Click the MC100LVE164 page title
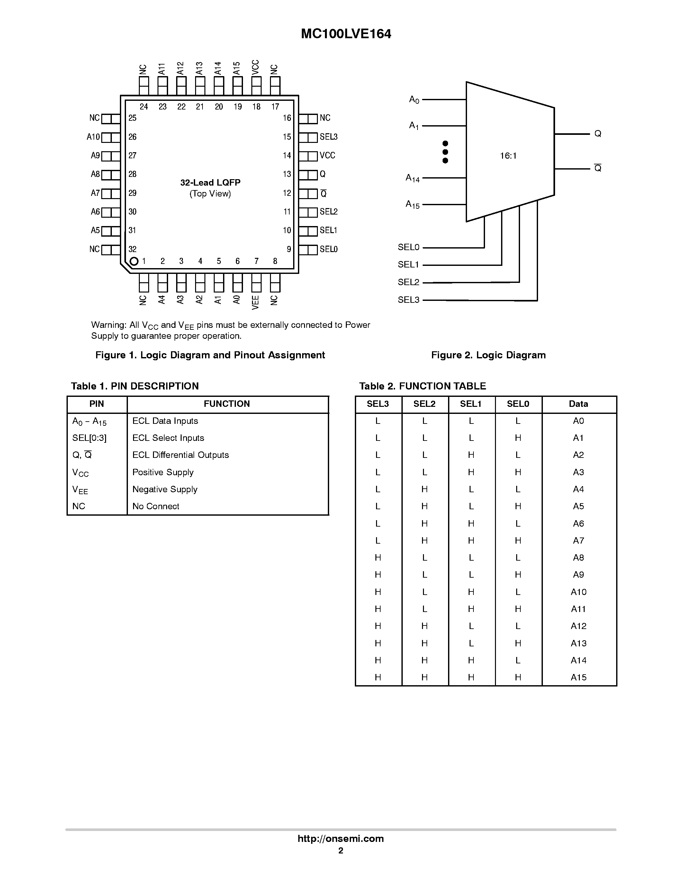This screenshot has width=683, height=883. (346, 34)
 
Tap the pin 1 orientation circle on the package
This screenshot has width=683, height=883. (134, 261)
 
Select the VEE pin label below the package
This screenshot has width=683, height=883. (256, 302)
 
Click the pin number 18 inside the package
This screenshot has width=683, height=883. (256, 107)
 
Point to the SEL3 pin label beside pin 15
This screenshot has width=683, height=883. (328, 137)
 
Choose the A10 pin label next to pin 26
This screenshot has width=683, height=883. (93, 137)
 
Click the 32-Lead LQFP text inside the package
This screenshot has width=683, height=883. (211, 183)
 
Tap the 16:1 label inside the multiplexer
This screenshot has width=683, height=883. (508, 156)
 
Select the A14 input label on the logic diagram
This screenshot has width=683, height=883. (413, 178)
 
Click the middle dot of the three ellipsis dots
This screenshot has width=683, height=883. (445, 152)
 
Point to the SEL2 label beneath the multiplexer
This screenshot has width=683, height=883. (409, 282)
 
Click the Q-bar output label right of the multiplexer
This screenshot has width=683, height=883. (598, 168)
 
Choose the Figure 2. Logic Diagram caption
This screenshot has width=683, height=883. (488, 355)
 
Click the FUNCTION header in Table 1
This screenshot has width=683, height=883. (227, 404)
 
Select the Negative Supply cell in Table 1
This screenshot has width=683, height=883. (165, 489)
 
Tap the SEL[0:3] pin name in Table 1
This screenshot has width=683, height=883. (89, 438)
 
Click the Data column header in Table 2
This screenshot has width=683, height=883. (578, 404)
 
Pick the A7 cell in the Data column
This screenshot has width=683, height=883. (578, 540)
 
